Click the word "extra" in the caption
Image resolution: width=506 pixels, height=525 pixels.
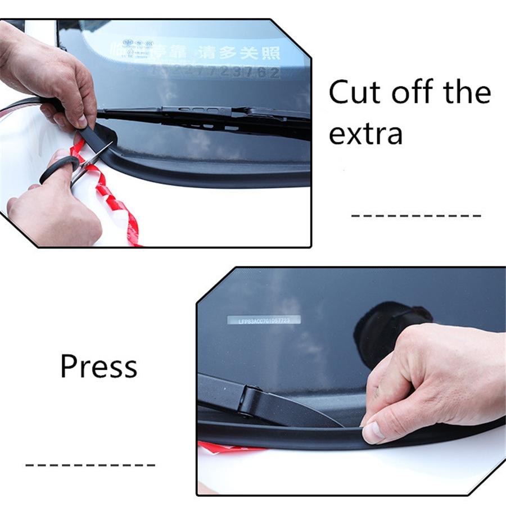(365, 134)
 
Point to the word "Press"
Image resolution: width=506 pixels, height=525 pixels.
(98, 367)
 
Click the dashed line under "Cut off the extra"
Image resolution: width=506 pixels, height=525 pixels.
(416, 215)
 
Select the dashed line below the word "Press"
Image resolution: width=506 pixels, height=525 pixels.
(90, 465)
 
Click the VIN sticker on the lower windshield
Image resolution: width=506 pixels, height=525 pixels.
(264, 320)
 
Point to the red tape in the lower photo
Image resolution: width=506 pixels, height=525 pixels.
(225, 447)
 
